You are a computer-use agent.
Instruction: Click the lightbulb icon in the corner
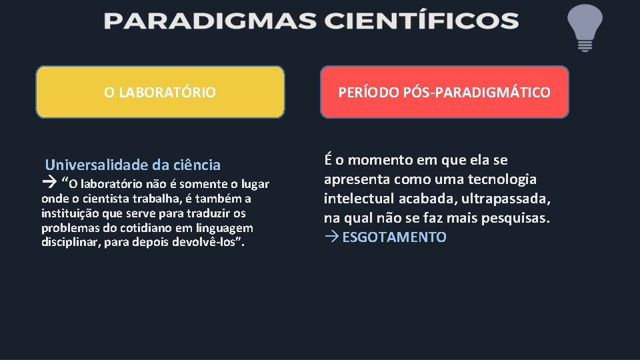584,27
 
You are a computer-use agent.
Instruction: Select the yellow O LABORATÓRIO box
160,92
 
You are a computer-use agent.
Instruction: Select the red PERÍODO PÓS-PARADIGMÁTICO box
445,92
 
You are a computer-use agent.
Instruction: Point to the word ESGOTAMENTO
394,237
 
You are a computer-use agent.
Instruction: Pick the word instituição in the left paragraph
70,213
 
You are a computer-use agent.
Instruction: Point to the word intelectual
358,199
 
